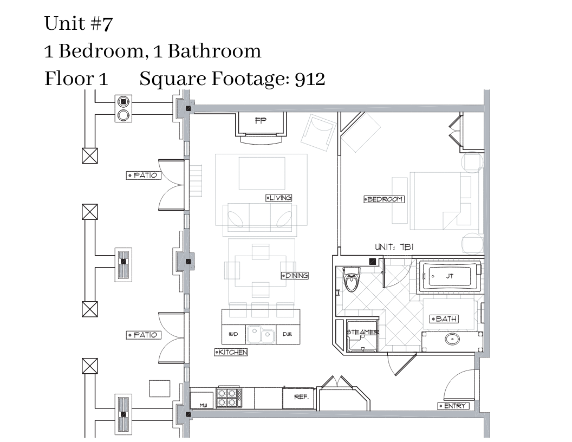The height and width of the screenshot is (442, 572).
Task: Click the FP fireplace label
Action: coord(261,120)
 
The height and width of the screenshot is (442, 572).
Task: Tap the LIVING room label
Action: coord(279,198)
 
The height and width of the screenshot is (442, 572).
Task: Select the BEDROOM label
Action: coord(384,199)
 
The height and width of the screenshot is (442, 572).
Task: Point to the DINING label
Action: coord(295,275)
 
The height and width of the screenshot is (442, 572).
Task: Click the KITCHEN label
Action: coord(231,352)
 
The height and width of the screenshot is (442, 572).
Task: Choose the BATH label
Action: coord(444,318)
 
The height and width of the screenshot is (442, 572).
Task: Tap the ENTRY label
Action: coord(453,406)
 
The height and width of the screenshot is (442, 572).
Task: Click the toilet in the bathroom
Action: coord(352,279)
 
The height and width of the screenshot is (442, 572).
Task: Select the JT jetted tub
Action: coord(450,276)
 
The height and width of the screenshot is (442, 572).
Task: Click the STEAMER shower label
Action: coord(362,332)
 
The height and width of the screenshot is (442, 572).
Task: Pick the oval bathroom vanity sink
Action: coord(452,339)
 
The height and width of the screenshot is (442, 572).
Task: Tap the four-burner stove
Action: coord(229,397)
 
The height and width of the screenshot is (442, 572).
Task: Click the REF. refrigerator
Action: coord(299,398)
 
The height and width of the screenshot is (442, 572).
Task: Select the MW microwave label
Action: coord(203,405)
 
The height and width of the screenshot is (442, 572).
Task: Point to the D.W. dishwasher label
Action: coord(287,334)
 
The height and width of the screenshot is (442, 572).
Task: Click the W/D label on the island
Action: coord(233,334)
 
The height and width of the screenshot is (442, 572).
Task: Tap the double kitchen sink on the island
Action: coord(261,334)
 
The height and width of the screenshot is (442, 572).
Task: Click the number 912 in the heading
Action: coord(310,79)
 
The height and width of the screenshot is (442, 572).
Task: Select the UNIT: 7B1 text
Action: coord(394,247)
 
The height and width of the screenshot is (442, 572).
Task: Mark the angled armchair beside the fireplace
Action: coord(318,132)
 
